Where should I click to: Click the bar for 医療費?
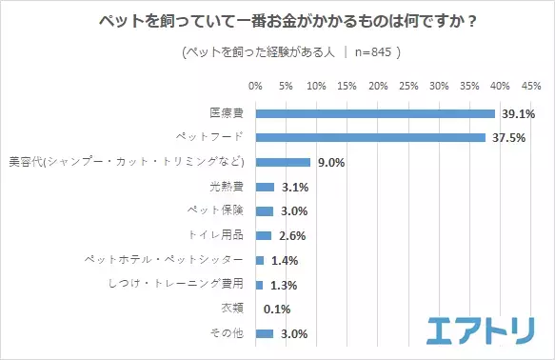tap(375, 113)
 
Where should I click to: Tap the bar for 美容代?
tap(283, 162)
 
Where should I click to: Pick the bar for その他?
tap(265, 333)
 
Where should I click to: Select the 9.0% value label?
tap(330, 162)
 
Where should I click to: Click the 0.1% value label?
tap(276, 310)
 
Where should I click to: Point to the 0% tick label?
tap(255, 87)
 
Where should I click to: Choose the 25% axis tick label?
tap(408, 87)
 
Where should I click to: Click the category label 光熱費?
tap(228, 187)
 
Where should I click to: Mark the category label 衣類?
tap(234, 310)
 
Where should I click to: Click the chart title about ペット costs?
tap(277, 22)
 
